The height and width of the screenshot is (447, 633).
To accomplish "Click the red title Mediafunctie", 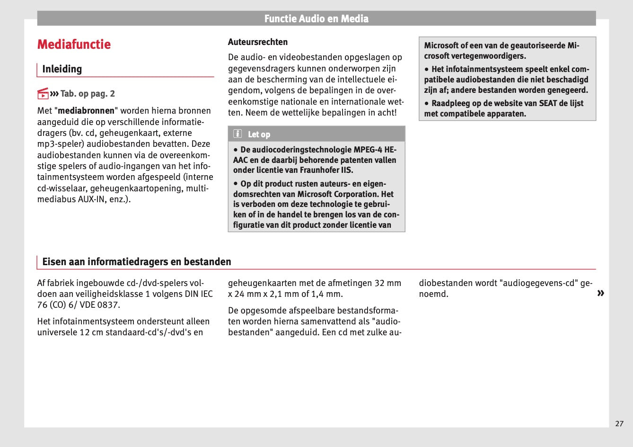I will [x=74, y=45].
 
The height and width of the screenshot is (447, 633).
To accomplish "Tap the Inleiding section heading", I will [x=62, y=69].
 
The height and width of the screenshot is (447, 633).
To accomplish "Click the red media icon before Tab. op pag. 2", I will [x=43, y=93].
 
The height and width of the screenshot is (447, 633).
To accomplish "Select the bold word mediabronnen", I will [x=86, y=111].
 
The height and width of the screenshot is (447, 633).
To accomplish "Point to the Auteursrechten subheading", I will [x=257, y=42].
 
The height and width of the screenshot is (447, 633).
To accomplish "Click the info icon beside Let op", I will [x=237, y=134].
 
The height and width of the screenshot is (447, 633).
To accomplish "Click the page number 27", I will [x=619, y=424].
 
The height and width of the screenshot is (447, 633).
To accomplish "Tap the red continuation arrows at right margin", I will [x=600, y=293].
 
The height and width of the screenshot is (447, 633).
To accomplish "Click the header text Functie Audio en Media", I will [x=316, y=19].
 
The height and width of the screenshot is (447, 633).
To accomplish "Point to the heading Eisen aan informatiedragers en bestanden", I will [x=137, y=262].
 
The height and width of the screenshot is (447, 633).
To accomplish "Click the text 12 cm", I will [x=91, y=332].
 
